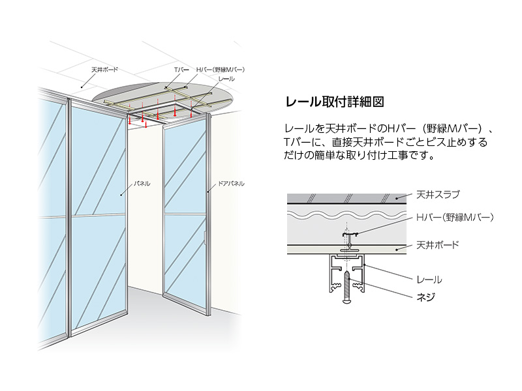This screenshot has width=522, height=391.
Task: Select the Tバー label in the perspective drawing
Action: pyautogui.click(x=181, y=68)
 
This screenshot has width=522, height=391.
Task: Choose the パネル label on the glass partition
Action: pyautogui.click(x=142, y=184)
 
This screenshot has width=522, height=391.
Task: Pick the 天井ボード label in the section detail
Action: pyautogui.click(x=438, y=245)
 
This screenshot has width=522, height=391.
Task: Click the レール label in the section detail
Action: pyautogui.click(x=429, y=280)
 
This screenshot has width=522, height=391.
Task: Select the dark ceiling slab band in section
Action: pyautogui.click(x=346, y=197)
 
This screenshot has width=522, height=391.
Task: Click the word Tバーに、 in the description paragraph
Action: pyautogui.click(x=304, y=142)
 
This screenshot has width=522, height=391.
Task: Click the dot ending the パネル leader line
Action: pyautogui.click(x=122, y=194)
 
